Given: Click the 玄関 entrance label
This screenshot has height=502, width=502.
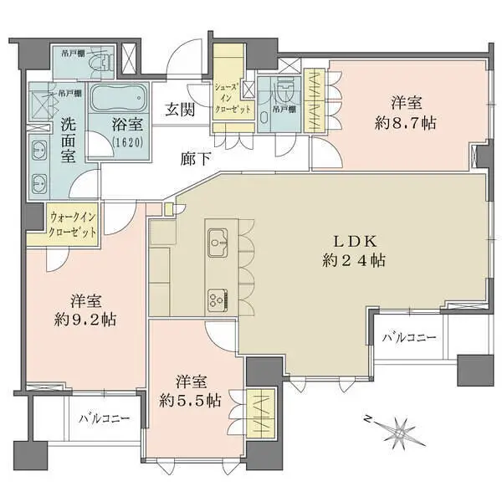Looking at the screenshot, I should click(180, 109).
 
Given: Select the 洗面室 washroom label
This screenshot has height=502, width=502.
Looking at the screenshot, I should click(69, 140).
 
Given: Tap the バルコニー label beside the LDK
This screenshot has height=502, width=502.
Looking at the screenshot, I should click(409, 338).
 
